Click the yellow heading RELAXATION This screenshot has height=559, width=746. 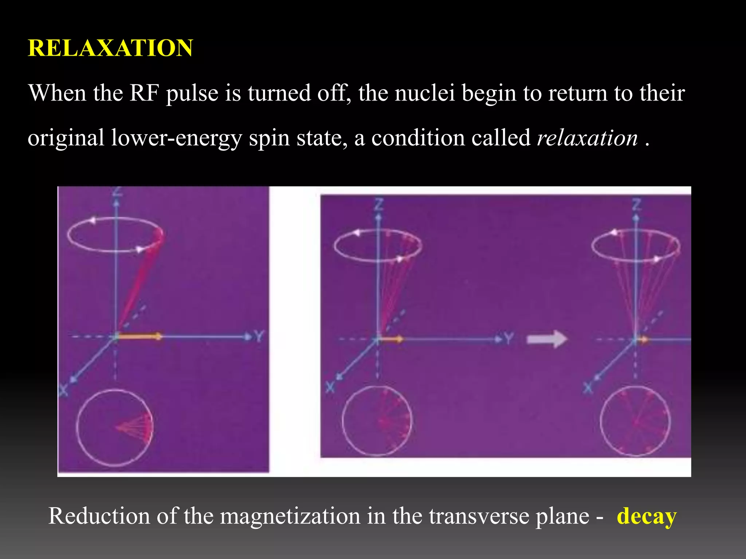(110, 48)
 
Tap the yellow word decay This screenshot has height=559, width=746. (647, 516)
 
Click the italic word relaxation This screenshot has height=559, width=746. (587, 138)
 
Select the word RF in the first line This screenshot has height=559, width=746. (144, 93)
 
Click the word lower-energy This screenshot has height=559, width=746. (176, 138)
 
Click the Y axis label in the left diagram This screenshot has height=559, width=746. (258, 336)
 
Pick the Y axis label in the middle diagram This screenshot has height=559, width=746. (509, 339)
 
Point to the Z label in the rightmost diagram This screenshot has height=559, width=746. (636, 205)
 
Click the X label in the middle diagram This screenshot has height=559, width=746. (330, 387)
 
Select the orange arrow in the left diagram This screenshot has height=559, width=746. (139, 337)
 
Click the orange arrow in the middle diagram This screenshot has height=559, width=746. (391, 339)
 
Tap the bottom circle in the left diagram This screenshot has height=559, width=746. (114, 428)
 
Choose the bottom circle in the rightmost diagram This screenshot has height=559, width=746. (635, 421)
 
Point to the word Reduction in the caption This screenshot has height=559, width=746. (99, 516)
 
